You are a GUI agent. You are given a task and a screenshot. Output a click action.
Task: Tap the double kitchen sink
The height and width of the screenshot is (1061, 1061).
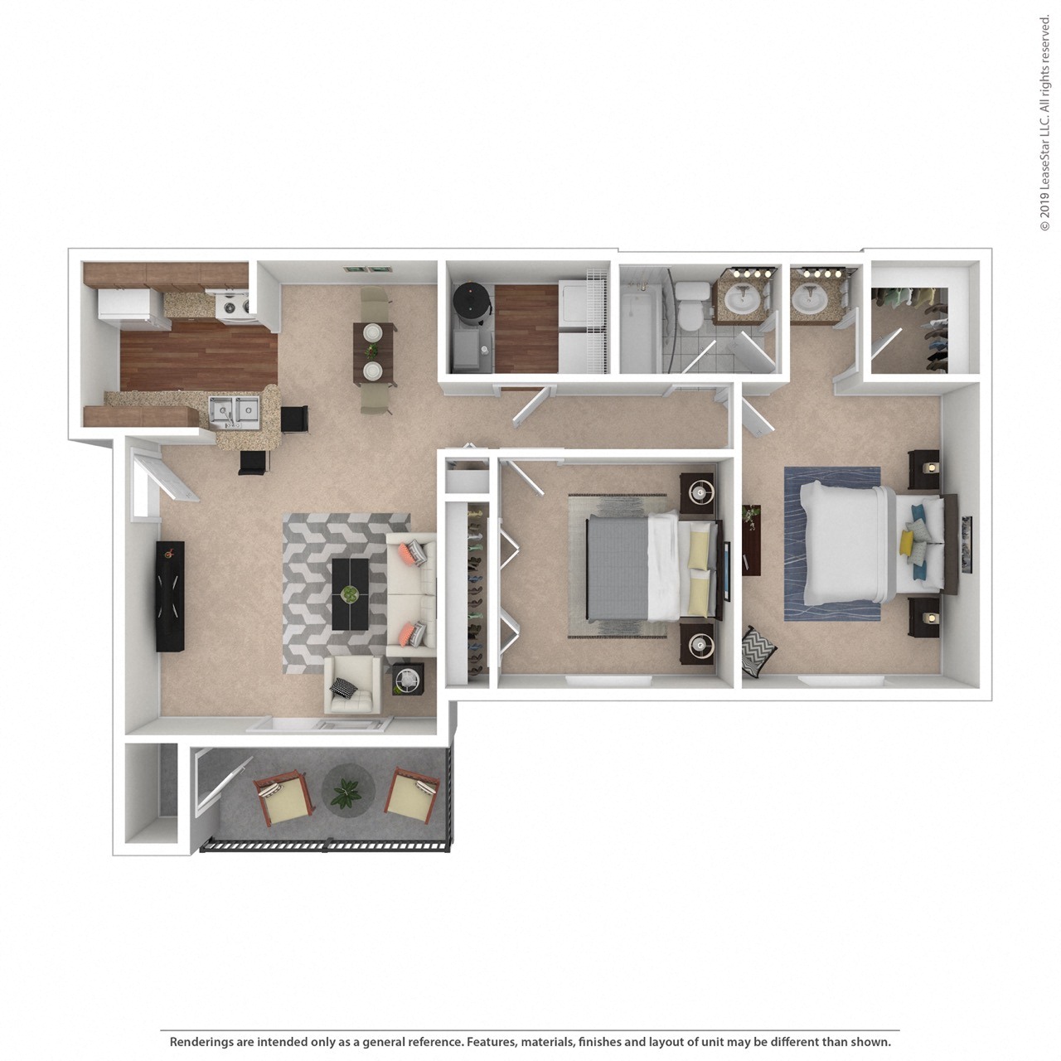(x=234, y=409)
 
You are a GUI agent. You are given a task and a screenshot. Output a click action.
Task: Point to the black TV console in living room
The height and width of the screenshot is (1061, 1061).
(x=171, y=597)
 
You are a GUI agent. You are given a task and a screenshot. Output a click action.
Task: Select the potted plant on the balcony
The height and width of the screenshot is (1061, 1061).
(x=345, y=792)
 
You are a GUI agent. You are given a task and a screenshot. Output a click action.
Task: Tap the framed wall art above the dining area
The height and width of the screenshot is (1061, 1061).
(x=366, y=269)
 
